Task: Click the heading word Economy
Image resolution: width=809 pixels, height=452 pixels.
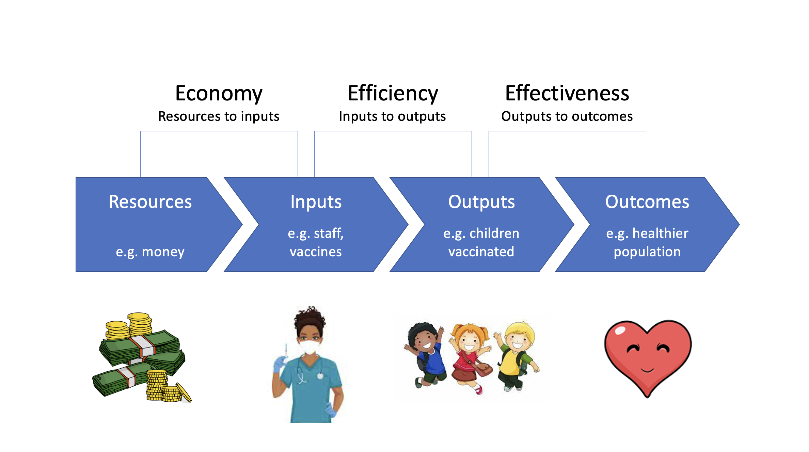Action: (x=219, y=94)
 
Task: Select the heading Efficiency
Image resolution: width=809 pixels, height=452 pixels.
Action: (x=393, y=94)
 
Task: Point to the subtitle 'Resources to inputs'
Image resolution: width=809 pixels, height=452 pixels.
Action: (x=219, y=116)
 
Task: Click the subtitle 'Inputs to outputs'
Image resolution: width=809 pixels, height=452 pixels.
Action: (x=392, y=116)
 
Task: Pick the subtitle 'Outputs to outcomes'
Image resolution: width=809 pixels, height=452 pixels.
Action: (x=567, y=116)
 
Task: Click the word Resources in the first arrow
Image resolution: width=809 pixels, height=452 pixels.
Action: (x=150, y=201)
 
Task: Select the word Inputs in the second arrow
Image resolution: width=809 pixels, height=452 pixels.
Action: (x=316, y=202)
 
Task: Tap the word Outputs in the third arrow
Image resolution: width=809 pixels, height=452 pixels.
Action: (x=481, y=202)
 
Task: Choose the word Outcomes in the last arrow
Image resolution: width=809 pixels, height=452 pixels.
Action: (x=647, y=201)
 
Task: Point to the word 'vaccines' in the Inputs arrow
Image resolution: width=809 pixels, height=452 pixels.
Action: (x=316, y=252)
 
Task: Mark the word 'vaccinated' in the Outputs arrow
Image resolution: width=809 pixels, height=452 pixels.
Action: (x=481, y=252)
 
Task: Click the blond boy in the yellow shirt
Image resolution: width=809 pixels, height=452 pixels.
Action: (x=517, y=356)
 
